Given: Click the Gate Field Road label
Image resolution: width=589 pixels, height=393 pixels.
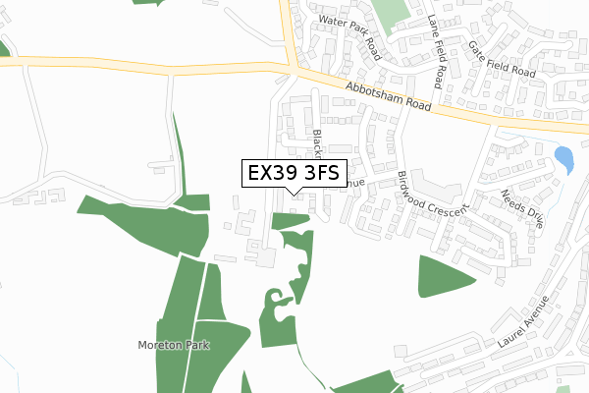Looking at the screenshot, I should (501, 59).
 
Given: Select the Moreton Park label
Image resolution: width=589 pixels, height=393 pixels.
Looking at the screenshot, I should (174, 347).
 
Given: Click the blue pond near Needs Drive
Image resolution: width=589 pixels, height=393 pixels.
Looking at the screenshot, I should (563, 158).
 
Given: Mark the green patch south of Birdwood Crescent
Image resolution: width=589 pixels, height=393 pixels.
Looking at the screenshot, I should (447, 276).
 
